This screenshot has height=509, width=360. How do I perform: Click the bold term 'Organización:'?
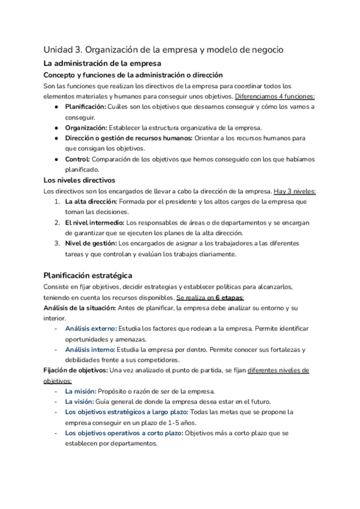(86, 128)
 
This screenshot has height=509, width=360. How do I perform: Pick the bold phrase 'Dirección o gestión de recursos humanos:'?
(128, 138)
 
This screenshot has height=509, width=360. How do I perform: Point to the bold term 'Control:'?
(77, 159)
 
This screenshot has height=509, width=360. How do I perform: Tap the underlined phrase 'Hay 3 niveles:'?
(295, 191)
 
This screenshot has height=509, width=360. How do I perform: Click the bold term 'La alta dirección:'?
(94, 202)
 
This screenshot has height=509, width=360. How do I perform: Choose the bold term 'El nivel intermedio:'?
(95, 223)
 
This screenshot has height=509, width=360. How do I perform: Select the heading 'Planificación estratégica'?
(88, 275)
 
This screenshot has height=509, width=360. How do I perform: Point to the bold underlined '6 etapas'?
(229, 298)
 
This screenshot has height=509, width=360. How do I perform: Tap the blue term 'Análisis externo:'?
(91, 329)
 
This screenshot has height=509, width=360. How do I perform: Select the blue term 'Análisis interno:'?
(91, 350)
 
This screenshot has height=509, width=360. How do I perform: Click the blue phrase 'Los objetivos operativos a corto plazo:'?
(124, 433)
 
